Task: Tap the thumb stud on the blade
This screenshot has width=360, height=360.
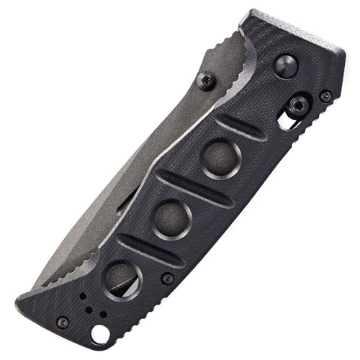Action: pyautogui.click(x=207, y=81)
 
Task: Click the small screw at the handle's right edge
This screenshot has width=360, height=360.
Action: pyautogui.click(x=325, y=95)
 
